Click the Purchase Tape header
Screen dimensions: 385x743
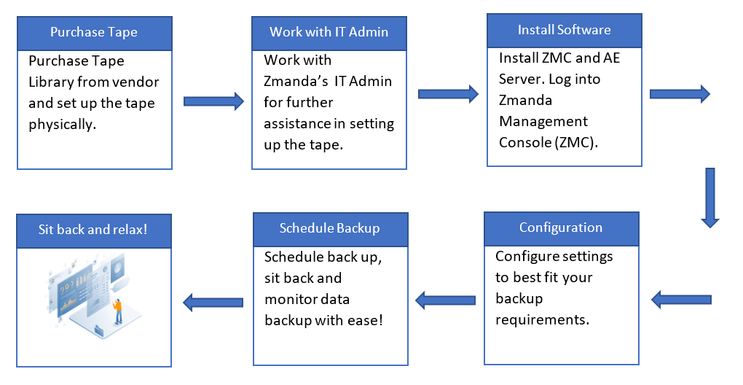[94, 33]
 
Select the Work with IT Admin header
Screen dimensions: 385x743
[329, 32]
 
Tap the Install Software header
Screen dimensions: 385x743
[564, 31]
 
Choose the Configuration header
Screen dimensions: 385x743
[561, 228]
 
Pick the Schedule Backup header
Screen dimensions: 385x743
[329, 229]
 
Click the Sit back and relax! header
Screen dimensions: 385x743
[93, 230]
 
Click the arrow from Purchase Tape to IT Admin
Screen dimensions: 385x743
[213, 101]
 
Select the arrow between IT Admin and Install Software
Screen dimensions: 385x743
[447, 93]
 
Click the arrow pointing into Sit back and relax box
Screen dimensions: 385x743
[212, 300]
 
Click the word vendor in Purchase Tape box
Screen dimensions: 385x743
[135, 82]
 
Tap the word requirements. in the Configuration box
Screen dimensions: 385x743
[542, 319]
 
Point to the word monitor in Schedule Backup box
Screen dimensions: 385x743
[288, 300]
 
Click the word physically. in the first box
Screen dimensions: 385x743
[62, 125]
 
